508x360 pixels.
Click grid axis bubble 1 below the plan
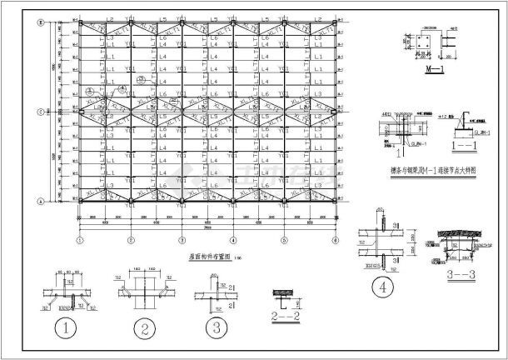80,239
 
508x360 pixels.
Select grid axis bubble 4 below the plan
233,239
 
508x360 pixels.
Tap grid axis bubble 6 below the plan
335,239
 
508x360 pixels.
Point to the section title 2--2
286,314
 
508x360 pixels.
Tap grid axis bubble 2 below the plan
131,239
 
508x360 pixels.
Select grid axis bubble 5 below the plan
284,239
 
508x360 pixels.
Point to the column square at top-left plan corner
81,22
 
